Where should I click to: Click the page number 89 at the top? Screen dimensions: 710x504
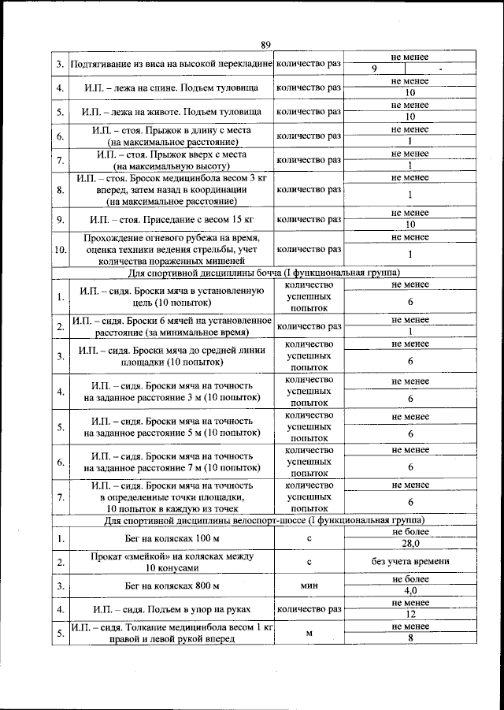point(265,44)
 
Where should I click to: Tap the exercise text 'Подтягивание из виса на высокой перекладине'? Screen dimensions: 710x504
point(171,63)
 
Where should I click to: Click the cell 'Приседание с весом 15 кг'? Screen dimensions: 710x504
point(171,218)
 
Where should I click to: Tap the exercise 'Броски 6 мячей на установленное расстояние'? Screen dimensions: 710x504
point(171,326)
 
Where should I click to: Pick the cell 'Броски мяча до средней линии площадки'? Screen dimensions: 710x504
point(171,356)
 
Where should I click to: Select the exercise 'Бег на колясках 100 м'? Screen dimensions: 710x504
point(171,538)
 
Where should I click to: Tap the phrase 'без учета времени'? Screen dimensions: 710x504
point(409,561)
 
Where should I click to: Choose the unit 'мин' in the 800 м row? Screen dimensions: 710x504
point(309,585)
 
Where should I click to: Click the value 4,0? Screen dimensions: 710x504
point(409,591)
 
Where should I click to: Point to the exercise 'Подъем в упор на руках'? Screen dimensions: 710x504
point(171,609)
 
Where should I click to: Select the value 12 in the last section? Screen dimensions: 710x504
point(409,615)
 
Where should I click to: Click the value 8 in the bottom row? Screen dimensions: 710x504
point(409,638)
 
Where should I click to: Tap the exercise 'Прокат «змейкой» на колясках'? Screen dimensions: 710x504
point(171,562)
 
